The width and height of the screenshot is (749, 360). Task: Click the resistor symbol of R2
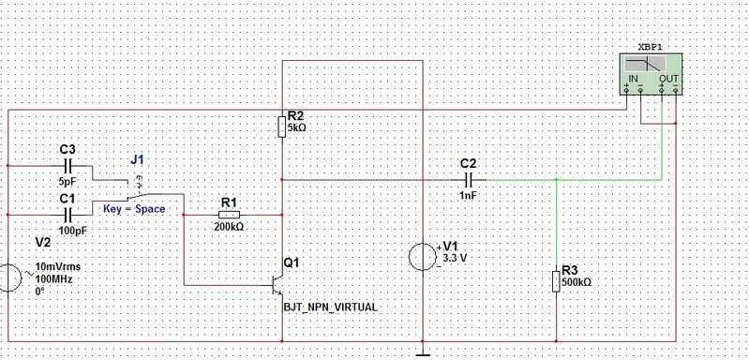282,127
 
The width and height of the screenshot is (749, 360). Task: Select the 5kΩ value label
295,127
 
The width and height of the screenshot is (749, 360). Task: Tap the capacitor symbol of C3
67,166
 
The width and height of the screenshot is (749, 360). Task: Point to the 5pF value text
67,182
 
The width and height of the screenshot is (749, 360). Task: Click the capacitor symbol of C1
67,215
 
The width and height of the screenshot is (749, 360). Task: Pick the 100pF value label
73,231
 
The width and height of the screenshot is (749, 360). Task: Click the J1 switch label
137,160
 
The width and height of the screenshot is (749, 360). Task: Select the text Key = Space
134,209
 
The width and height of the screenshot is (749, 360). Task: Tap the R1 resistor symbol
229,215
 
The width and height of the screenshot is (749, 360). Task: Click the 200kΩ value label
229,227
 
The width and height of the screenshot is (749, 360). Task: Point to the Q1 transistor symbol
278,286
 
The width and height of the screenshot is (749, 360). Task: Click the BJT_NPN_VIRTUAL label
331,307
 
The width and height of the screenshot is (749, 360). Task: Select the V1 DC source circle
423,258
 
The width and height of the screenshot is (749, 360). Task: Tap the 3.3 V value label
455,259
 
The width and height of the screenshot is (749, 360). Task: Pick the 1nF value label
469,195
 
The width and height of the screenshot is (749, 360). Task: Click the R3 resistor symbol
556,280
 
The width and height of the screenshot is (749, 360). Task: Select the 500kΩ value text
577,282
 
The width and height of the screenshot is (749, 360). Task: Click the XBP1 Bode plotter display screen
645,65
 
